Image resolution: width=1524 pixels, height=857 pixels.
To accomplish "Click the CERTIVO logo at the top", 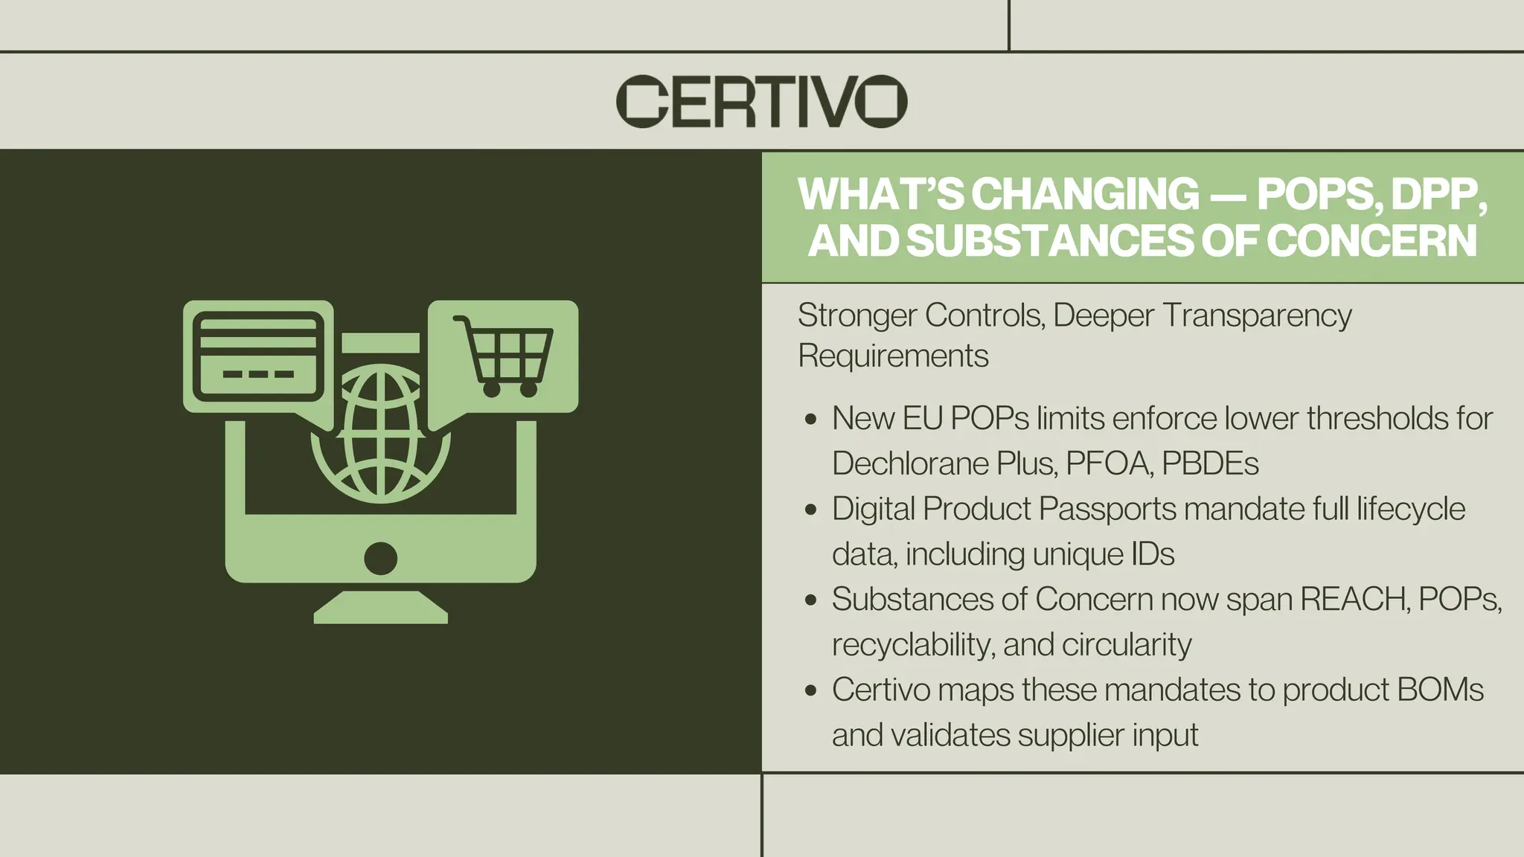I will tap(761, 101).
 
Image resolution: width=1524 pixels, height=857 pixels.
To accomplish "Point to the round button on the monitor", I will tap(380, 559).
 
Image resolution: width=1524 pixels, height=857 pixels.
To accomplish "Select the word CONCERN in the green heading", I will tap(1371, 240).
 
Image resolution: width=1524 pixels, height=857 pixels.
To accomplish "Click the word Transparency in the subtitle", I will tap(1256, 315).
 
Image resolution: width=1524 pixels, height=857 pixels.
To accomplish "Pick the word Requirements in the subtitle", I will tap(893, 356).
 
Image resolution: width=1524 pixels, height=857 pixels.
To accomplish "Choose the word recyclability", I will tap(912, 645).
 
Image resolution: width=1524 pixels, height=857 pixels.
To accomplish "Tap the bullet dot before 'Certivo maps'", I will tap(811, 690).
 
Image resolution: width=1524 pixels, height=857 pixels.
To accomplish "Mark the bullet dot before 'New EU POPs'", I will tap(811, 420).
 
